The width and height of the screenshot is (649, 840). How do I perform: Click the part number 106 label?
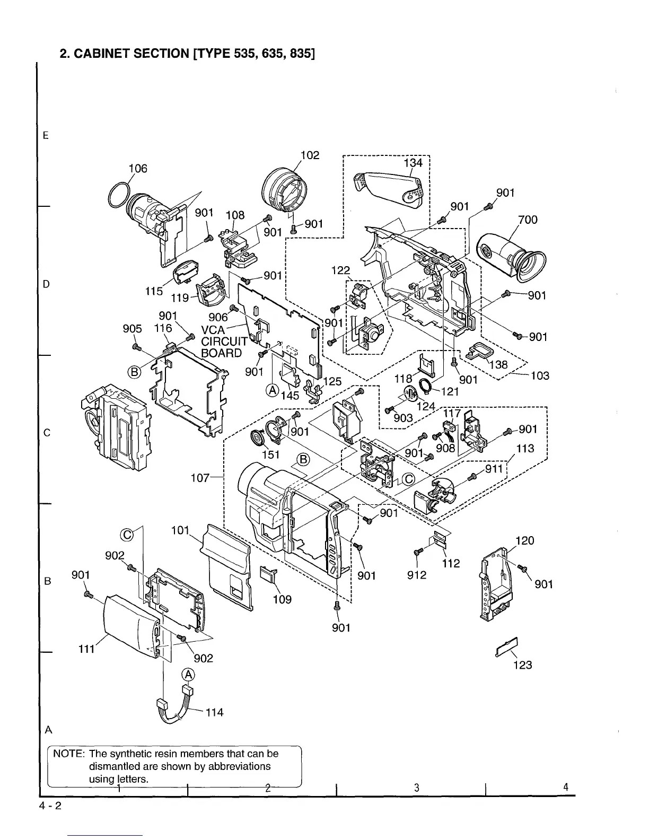coord(138,169)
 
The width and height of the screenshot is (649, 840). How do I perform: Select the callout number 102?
coord(310,155)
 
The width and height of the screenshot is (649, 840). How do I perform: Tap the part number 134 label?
coord(414,163)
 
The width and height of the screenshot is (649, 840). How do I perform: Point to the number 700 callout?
coord(528,220)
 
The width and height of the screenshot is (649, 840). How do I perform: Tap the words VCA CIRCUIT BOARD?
coord(222,342)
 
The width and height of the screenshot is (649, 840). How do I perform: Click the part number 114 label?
coord(214,712)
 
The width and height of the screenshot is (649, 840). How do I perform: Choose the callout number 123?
coord(522,665)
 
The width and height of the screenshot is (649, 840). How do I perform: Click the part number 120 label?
coord(524,541)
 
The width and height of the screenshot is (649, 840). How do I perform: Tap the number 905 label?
coord(133,329)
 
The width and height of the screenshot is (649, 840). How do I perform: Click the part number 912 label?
coord(417,575)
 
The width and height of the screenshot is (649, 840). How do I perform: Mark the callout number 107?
coord(200,478)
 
